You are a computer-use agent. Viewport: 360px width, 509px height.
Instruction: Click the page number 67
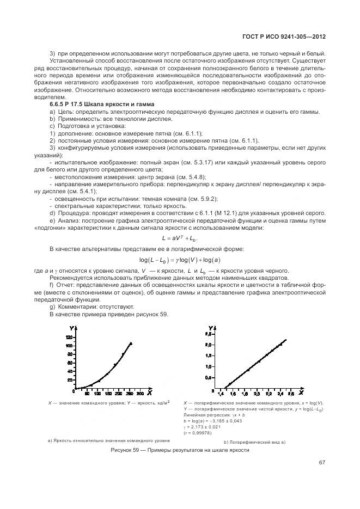322,463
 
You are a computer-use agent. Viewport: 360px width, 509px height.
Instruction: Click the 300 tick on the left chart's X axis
140,393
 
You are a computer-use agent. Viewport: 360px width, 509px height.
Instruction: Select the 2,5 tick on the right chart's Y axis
208,345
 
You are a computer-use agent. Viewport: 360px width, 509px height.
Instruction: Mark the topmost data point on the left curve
131,344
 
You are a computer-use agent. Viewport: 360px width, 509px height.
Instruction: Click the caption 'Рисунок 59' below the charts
179,450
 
